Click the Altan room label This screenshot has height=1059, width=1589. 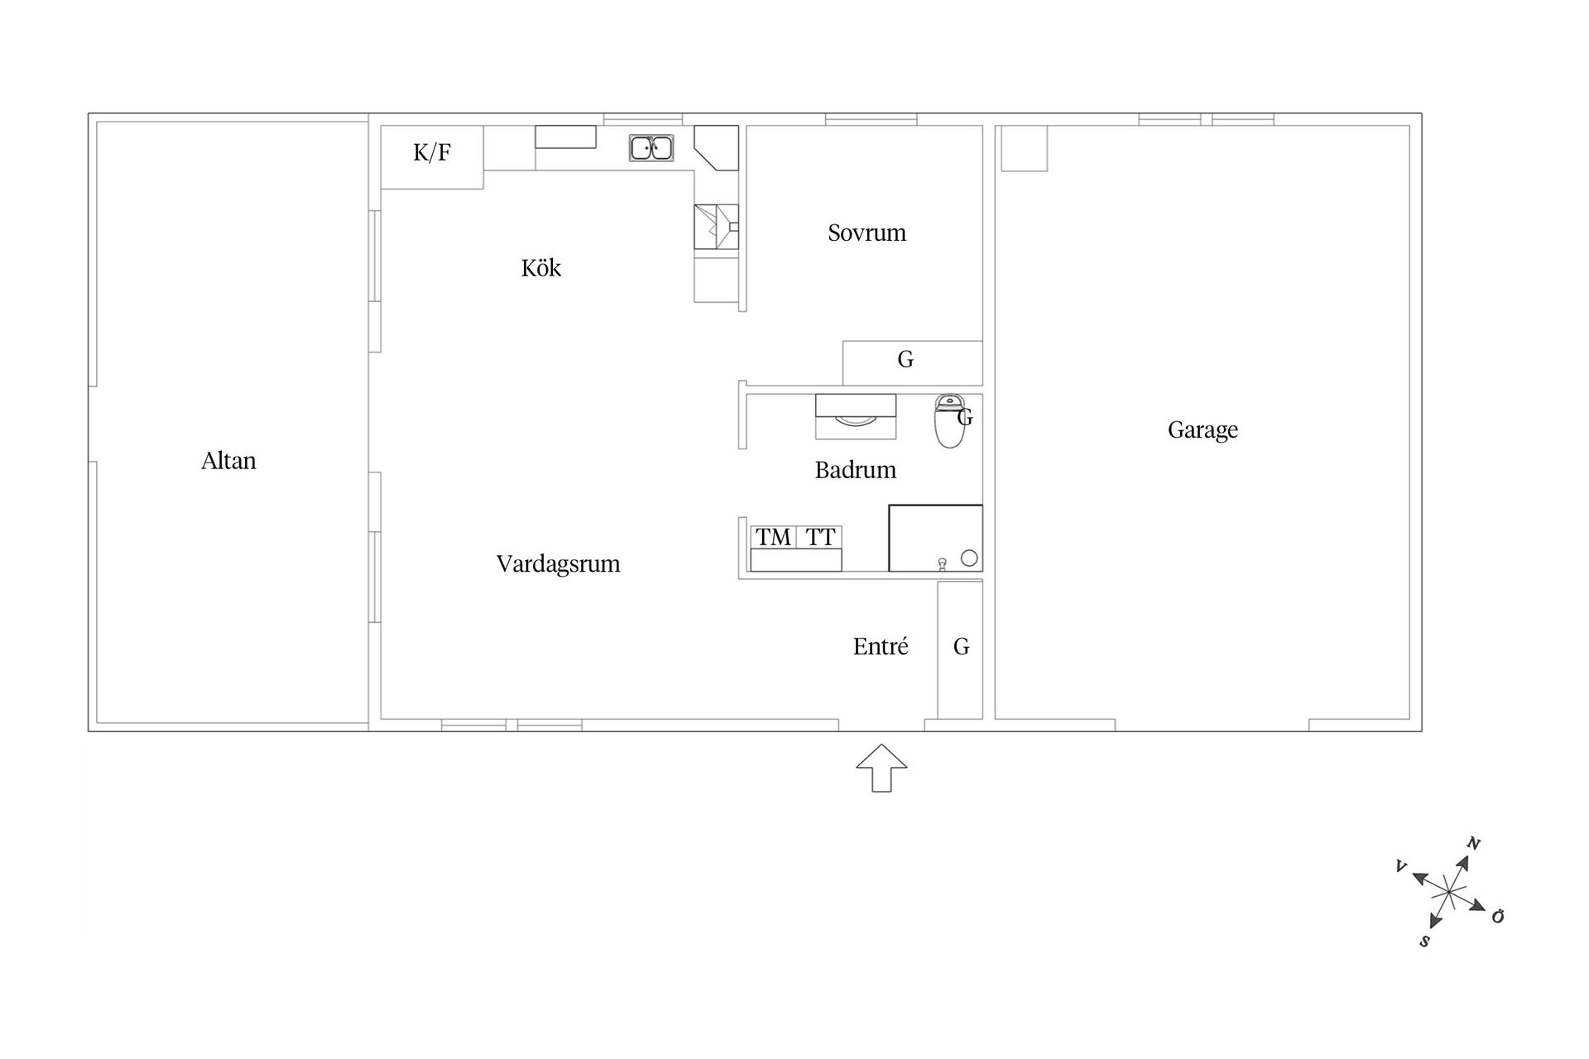228,461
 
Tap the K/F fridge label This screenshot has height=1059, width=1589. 432,152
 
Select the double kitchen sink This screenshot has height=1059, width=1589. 651,148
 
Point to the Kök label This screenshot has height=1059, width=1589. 541,267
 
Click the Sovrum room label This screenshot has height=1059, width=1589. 867,232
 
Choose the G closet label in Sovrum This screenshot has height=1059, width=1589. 905,359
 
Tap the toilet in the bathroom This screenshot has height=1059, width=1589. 949,421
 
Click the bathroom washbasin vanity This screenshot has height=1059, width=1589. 856,416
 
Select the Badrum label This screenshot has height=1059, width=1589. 856,470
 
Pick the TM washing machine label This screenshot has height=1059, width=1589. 773,537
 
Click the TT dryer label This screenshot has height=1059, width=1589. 820,537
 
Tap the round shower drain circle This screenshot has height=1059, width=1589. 969,558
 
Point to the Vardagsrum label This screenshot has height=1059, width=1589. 558,564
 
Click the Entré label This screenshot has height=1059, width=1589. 881,646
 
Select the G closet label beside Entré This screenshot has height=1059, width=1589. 961,646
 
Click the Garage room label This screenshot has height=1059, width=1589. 1203,430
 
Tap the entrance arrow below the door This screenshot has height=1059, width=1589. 881,768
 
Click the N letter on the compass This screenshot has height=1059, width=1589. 1473,844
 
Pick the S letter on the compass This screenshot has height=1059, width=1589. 1424,942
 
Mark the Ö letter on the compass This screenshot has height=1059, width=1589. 1497,916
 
